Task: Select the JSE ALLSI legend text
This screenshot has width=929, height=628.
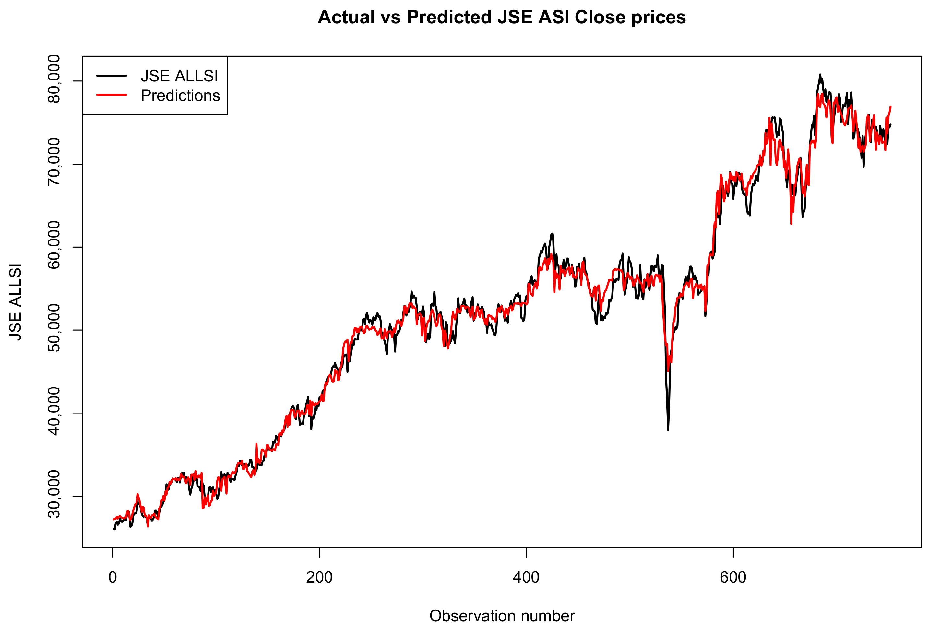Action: pyautogui.click(x=179, y=76)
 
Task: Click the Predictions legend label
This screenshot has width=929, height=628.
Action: pyautogui.click(x=180, y=96)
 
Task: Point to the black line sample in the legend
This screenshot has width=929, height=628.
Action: pyautogui.click(x=112, y=76)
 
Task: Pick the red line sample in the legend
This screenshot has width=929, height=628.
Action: pyautogui.click(x=112, y=95)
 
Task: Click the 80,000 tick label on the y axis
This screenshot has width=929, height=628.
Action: pyautogui.click(x=54, y=79)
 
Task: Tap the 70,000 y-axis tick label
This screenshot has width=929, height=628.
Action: pyautogui.click(x=54, y=162)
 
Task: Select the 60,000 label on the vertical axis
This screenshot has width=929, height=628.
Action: pyautogui.click(x=54, y=245)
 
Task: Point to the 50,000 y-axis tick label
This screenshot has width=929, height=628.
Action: pyautogui.click(x=54, y=328)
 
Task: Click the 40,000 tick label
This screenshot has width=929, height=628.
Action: pyautogui.click(x=54, y=411)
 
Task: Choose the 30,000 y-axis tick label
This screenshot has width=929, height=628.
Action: pyautogui.click(x=54, y=494)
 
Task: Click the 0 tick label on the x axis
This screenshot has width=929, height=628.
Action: pyautogui.click(x=113, y=577)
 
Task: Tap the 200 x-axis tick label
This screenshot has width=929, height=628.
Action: pyautogui.click(x=319, y=577)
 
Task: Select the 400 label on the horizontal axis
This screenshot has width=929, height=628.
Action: pyautogui.click(x=526, y=577)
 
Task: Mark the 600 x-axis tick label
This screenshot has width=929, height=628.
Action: pyautogui.click(x=733, y=577)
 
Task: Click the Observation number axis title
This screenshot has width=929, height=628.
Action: pyautogui.click(x=502, y=616)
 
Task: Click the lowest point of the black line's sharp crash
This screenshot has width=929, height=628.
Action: pyautogui.click(x=668, y=430)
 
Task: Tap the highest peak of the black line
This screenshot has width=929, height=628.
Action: pyautogui.click(x=820, y=75)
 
